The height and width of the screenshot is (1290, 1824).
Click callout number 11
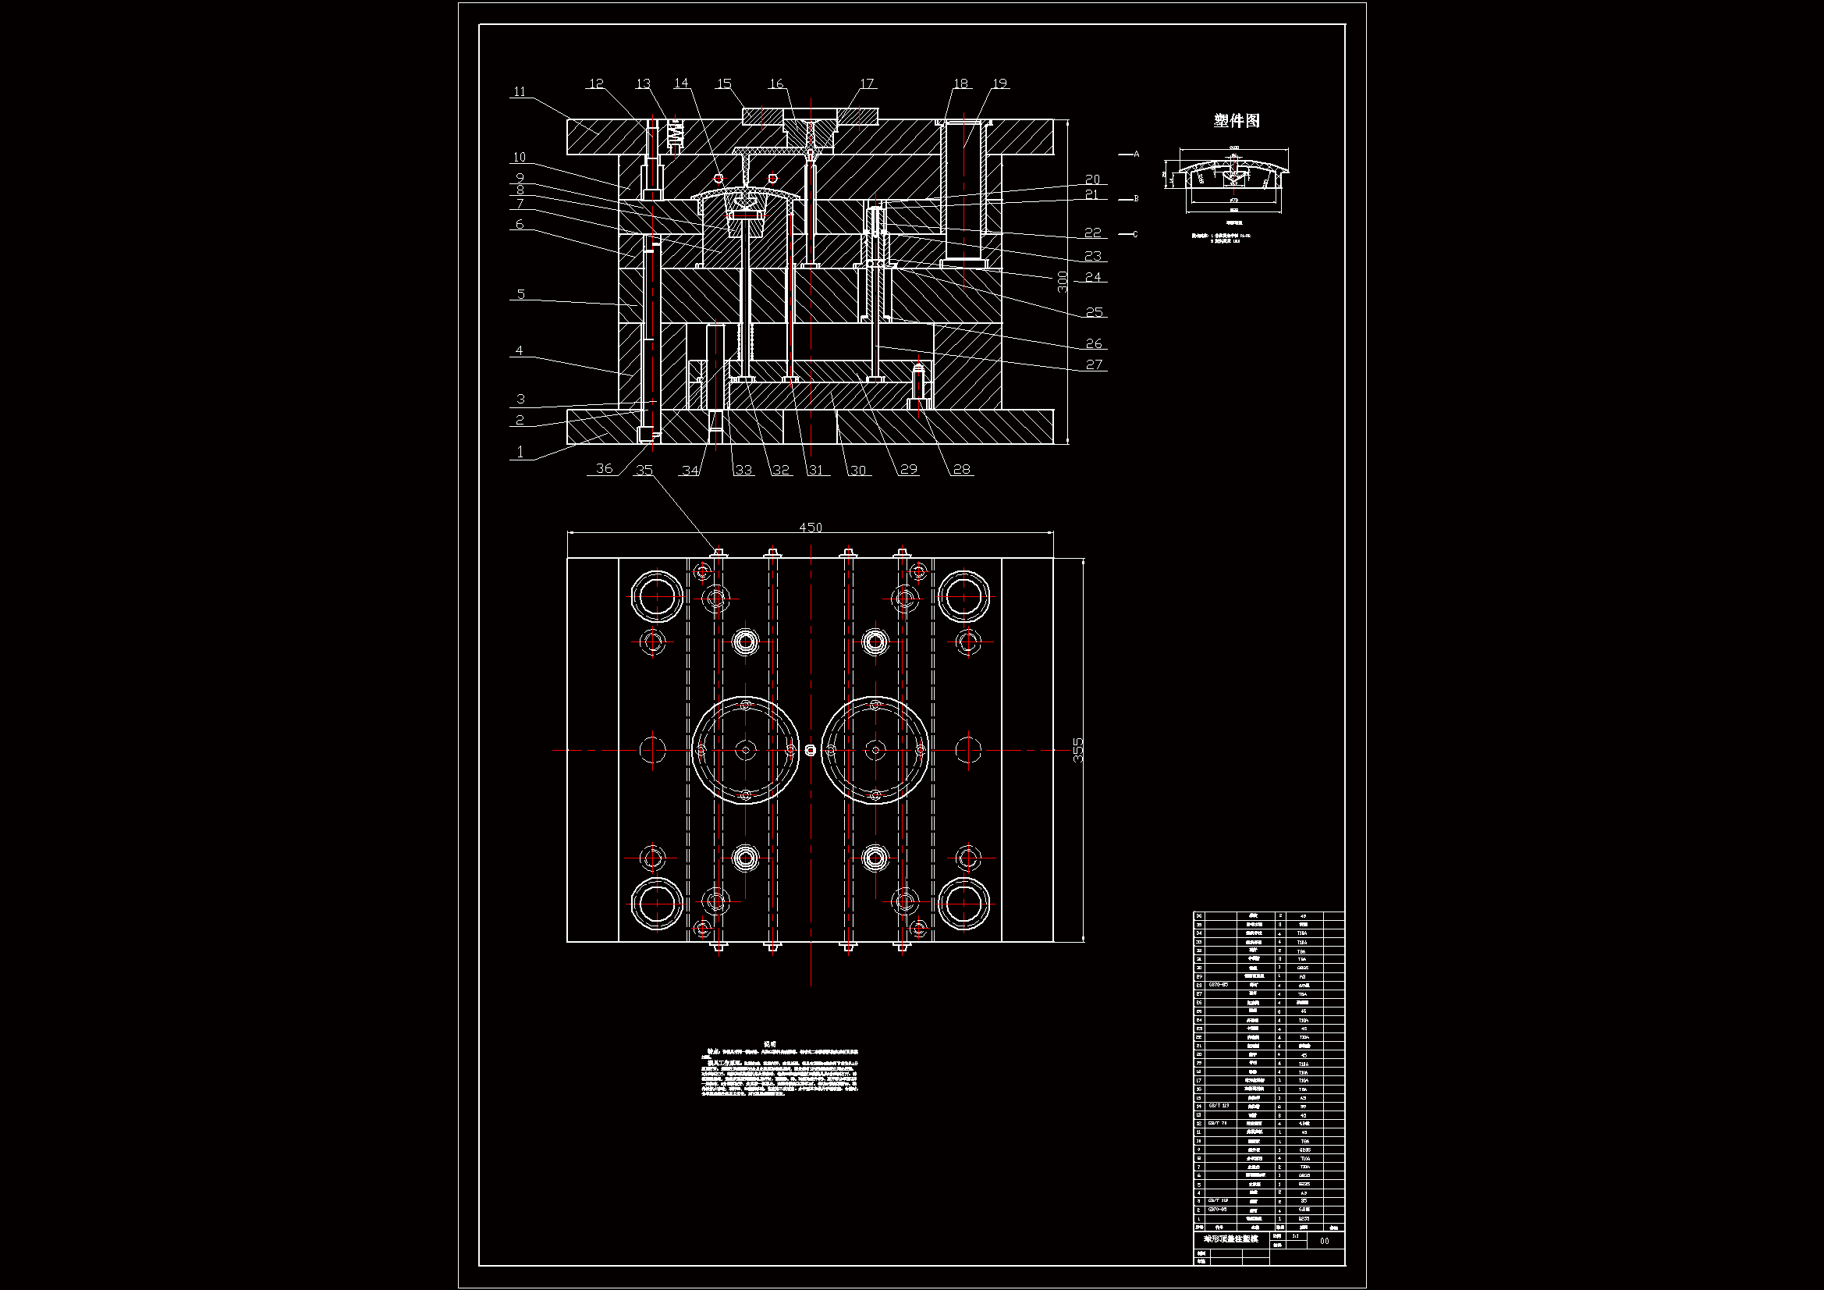[520, 92]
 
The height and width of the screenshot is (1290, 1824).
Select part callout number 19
[999, 84]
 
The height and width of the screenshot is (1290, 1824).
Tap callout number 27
[1094, 364]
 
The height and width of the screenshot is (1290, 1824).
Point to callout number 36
[605, 469]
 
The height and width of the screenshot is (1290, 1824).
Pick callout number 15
[724, 84]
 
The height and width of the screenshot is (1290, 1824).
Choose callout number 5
[520, 294]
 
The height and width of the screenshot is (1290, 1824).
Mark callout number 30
[858, 471]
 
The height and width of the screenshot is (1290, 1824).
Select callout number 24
[1093, 277]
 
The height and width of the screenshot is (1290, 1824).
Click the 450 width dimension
[811, 528]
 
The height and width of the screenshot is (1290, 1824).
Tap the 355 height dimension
[1078, 750]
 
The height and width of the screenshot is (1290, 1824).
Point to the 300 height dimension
[1063, 282]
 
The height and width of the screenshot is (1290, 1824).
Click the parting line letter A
[1137, 155]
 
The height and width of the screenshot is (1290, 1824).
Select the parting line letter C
[1135, 234]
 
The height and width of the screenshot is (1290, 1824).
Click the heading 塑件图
[1236, 121]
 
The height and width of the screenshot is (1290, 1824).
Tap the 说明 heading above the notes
[770, 1044]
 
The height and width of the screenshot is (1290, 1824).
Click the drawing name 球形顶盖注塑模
[1230, 1239]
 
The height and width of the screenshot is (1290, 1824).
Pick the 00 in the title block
[1324, 1241]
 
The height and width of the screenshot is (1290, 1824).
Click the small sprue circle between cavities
[811, 750]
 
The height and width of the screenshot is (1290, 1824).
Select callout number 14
[681, 84]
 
